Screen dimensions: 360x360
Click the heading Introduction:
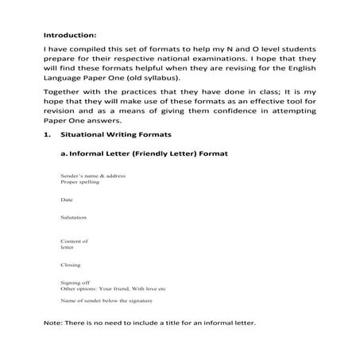point(69,36)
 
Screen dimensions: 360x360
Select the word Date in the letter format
point(67,199)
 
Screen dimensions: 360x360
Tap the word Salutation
point(74,217)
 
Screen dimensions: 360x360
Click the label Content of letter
point(74,243)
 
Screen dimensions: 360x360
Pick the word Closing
point(71,264)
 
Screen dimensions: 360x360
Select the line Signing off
point(75,282)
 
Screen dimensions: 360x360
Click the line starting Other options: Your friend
point(112,288)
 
